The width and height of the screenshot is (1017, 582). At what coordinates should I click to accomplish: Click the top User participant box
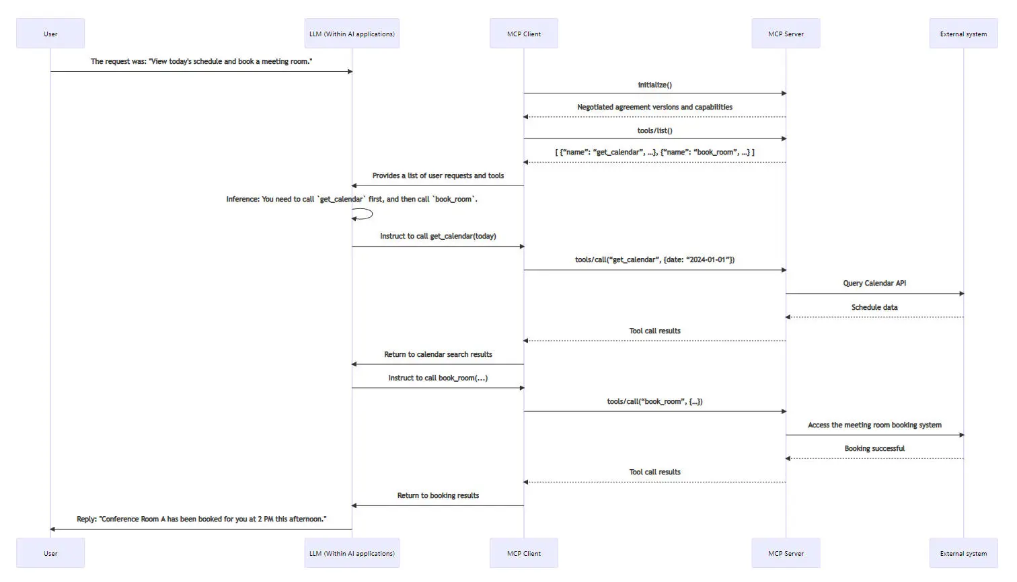click(50, 34)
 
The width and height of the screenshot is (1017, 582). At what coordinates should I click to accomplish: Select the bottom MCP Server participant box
click(786, 553)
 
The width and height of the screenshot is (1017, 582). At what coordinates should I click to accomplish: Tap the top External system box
click(963, 34)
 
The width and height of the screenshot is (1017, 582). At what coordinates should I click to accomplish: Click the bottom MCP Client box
click(523, 553)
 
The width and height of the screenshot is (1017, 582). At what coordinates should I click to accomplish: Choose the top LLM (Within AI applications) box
click(352, 34)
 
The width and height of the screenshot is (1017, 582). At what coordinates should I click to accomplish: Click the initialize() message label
click(654, 85)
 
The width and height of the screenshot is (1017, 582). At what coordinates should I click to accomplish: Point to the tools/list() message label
click(654, 130)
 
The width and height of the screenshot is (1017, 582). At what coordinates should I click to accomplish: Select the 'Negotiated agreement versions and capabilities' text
click(654, 107)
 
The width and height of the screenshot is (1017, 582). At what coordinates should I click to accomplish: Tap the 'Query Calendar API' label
click(874, 283)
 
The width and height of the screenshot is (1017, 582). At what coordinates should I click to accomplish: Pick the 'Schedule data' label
click(874, 307)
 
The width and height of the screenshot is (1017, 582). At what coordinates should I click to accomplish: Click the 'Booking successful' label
click(874, 448)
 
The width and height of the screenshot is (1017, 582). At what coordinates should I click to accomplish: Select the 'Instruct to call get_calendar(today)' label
click(438, 236)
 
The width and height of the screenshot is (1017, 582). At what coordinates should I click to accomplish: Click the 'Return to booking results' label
click(438, 495)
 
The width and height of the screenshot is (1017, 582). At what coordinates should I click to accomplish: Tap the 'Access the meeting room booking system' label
click(874, 425)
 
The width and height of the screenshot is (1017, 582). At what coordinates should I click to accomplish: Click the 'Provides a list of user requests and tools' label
click(438, 175)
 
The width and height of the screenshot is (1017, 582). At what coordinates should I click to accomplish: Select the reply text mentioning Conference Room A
click(201, 519)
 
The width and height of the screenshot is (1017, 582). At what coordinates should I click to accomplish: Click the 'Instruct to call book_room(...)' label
click(438, 378)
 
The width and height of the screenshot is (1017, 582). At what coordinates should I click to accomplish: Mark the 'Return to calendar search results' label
click(438, 354)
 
